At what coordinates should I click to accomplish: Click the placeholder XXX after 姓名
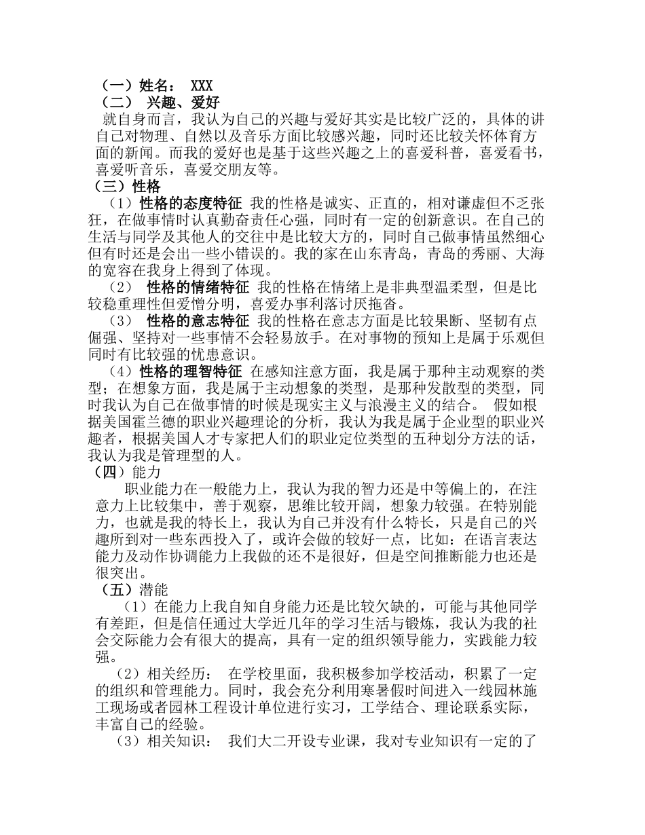[x=202, y=86]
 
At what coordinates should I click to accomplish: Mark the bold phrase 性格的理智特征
[x=191, y=371]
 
